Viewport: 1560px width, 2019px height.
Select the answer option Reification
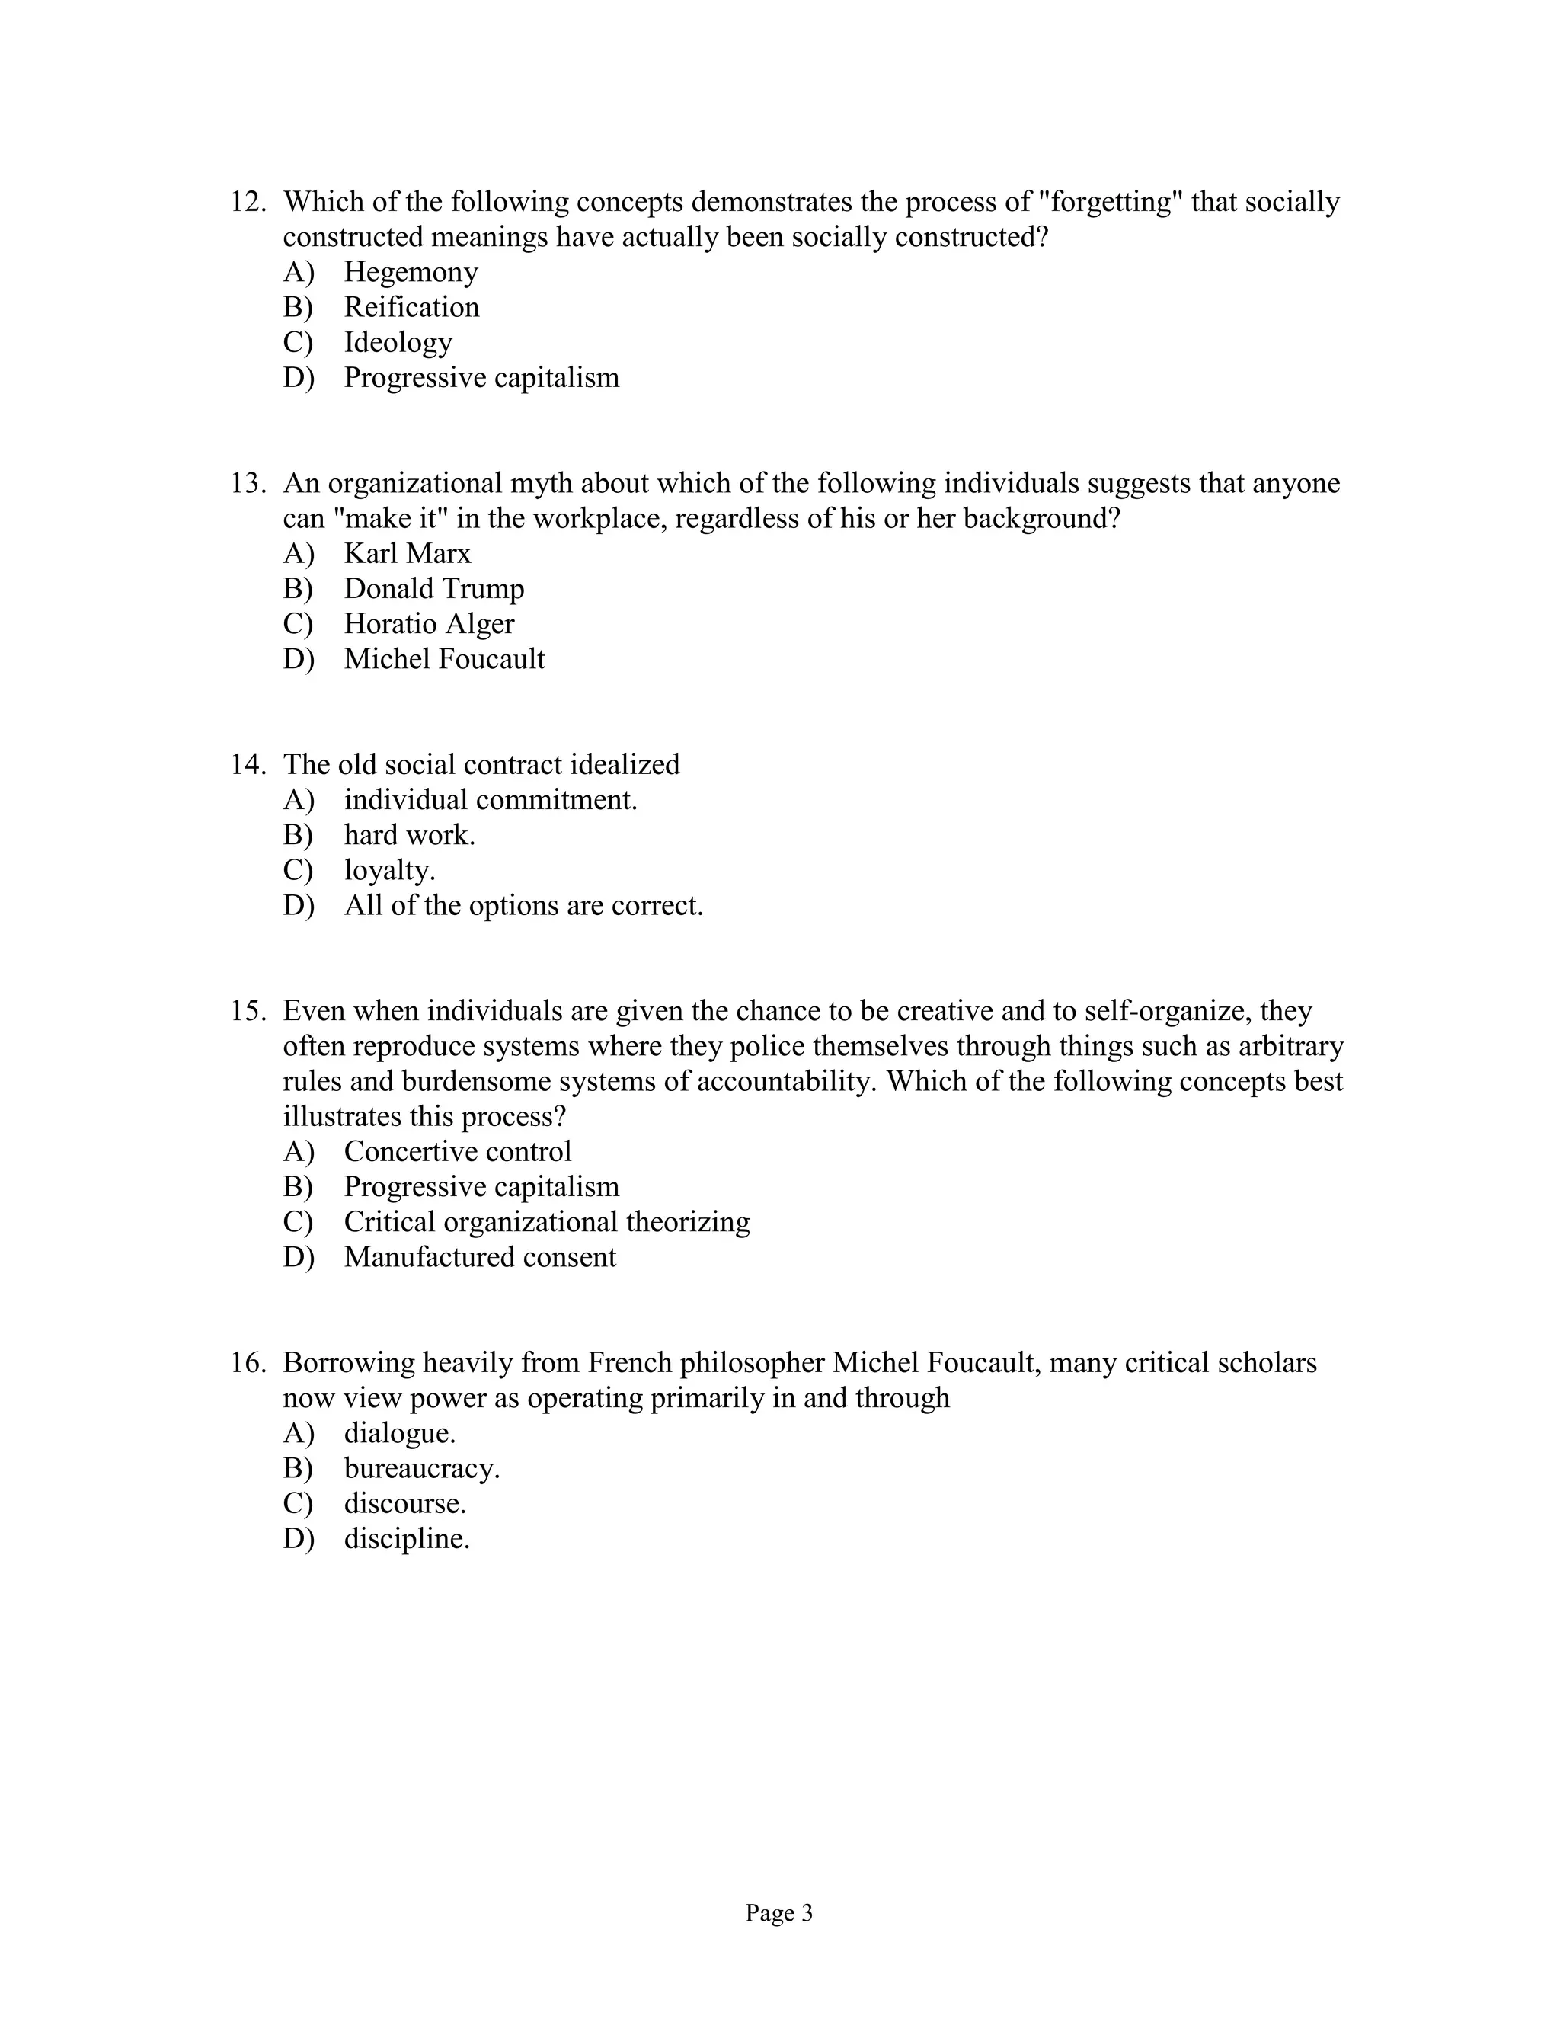[411, 307]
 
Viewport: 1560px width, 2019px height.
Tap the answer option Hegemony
[411, 272]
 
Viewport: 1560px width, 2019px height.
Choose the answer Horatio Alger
[429, 624]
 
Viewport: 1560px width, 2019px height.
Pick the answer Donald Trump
[433, 589]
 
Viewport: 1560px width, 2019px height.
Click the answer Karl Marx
[407, 554]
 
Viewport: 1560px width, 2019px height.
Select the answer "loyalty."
[389, 870]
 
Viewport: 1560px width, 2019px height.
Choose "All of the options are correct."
[523, 905]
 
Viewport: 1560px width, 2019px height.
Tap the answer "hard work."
[409, 835]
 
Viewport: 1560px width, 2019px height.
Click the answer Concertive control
[458, 1152]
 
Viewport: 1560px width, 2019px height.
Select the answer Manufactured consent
[480, 1257]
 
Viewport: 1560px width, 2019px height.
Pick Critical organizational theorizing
[546, 1222]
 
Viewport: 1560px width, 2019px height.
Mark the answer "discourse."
[404, 1504]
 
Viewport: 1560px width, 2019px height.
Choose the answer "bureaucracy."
[421, 1469]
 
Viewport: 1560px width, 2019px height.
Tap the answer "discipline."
[407, 1539]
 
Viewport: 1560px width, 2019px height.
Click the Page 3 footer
[779, 1914]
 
